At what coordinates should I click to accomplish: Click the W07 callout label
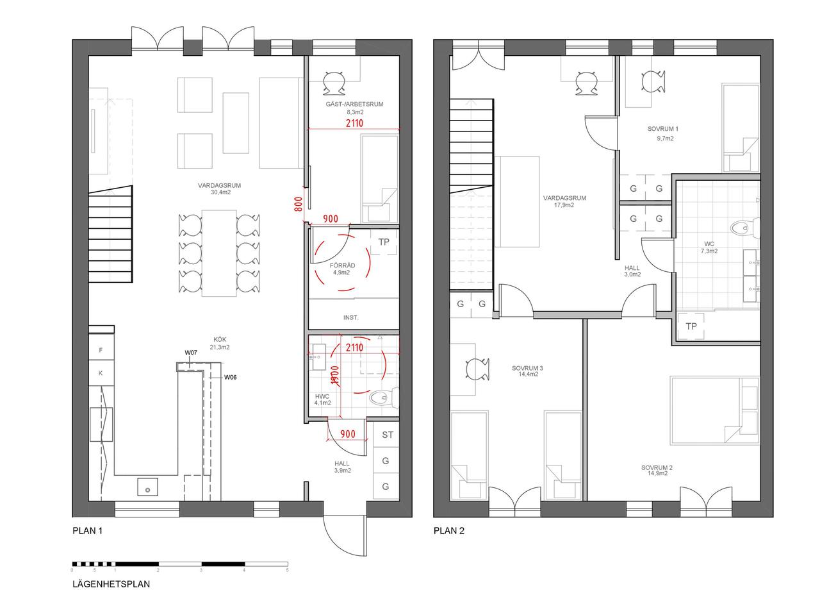pyautogui.click(x=191, y=353)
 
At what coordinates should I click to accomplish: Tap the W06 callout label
pyautogui.click(x=230, y=377)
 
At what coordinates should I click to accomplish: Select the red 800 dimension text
pyautogui.click(x=299, y=204)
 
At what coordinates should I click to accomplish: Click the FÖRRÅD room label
pyautogui.click(x=342, y=265)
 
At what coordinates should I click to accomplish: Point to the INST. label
pyautogui.click(x=350, y=317)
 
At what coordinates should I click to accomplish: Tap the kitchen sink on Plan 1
pyautogui.click(x=148, y=487)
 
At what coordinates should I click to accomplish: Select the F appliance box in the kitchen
pyautogui.click(x=101, y=350)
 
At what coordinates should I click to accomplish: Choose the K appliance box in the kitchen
pyautogui.click(x=101, y=373)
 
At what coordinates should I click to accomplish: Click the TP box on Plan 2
pyautogui.click(x=691, y=326)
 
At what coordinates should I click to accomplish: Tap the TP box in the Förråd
pyautogui.click(x=384, y=242)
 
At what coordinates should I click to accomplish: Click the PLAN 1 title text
pyautogui.click(x=88, y=531)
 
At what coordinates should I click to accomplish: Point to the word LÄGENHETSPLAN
pyautogui.click(x=111, y=584)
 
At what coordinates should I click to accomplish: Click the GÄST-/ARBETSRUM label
pyautogui.click(x=354, y=104)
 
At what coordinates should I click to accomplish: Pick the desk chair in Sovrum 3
pyautogui.click(x=478, y=369)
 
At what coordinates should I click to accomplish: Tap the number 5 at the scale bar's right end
pyautogui.click(x=288, y=570)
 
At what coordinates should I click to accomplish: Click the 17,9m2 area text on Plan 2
pyautogui.click(x=564, y=205)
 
